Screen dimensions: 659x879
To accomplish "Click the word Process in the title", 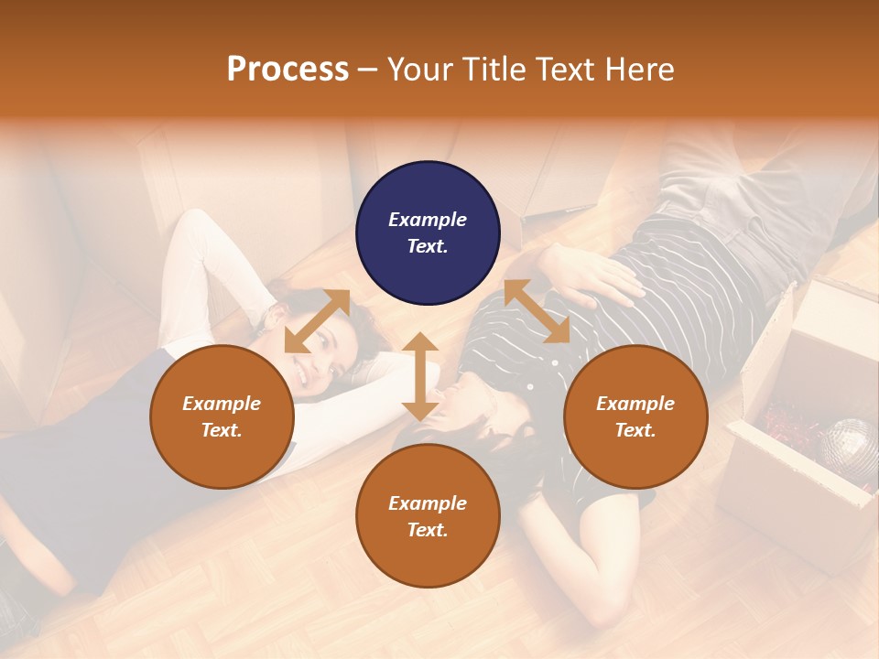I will click(288, 70).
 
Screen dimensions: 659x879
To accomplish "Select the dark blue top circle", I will click(428, 232).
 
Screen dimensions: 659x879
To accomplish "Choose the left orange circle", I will click(222, 416).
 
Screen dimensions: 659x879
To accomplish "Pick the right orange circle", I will click(635, 416).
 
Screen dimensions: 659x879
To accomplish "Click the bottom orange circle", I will click(428, 516).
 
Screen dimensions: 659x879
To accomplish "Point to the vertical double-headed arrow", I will click(420, 376).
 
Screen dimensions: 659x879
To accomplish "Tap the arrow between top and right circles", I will click(537, 311).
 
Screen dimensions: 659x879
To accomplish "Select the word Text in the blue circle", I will click(428, 246).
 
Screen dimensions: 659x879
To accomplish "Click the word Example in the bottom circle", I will click(428, 502).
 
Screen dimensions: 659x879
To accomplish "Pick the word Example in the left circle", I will click(222, 403).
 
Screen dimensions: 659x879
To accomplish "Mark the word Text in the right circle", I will click(635, 430).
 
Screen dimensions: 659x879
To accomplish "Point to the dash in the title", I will click(368, 70).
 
